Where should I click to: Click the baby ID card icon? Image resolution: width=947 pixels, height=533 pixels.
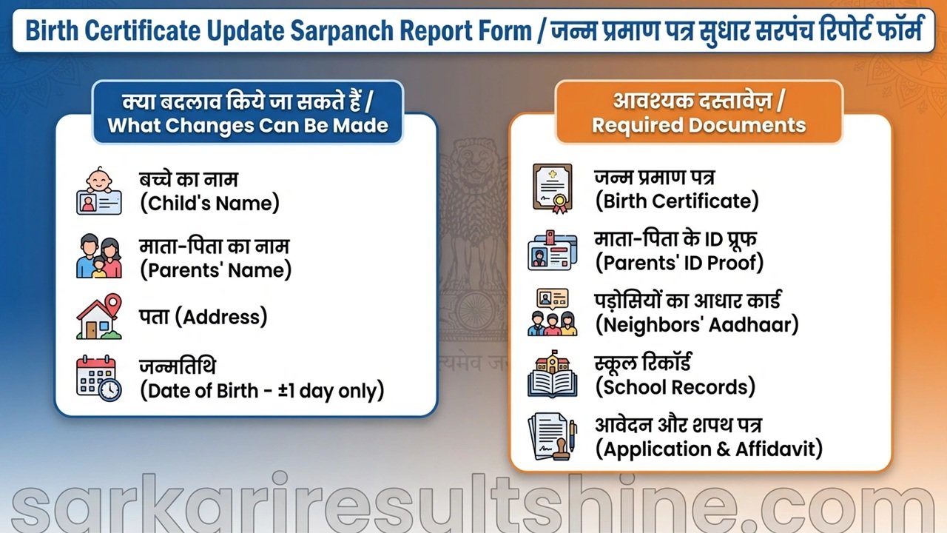(98, 192)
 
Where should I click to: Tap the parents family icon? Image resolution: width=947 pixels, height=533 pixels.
(98, 256)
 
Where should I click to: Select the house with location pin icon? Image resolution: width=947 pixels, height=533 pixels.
(99, 317)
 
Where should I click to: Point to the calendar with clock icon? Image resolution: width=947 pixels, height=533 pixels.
(99, 378)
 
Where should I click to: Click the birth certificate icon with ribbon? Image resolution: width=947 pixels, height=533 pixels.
(552, 189)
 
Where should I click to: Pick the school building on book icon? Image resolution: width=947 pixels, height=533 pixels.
(552, 375)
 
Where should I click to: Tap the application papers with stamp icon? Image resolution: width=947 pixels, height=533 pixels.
(552, 438)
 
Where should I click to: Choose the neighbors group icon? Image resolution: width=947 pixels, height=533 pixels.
(552, 312)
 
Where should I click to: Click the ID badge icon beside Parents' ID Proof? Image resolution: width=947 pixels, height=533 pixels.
(552, 250)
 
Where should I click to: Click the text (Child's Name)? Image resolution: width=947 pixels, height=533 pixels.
(210, 204)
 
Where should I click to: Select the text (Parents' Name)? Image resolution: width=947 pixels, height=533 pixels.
(216, 269)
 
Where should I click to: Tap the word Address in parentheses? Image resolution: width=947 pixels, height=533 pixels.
(224, 317)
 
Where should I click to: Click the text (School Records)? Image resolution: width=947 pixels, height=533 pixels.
(675, 386)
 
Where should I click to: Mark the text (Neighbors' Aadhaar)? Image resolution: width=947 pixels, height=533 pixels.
(697, 324)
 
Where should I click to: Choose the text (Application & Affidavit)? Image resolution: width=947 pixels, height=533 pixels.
(709, 449)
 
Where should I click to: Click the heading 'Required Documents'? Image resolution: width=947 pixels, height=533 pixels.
(698, 124)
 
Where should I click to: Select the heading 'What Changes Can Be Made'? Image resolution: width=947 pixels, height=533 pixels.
(248, 124)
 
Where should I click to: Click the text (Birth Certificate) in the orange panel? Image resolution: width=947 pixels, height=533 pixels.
(677, 201)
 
